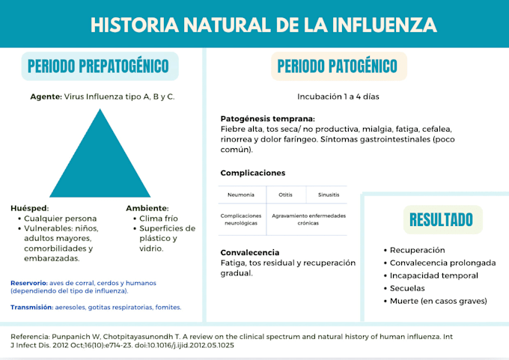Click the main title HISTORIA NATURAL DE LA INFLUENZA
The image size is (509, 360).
coord(263,25)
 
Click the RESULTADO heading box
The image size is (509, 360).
coord(443,219)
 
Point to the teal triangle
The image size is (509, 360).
coord(100,162)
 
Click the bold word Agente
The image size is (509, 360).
coord(46,97)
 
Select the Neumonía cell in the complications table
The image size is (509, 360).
coord(241,195)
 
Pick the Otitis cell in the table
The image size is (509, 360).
coord(285,195)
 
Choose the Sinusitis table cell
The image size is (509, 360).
coord(329,195)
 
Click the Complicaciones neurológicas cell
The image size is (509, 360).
coord(241,219)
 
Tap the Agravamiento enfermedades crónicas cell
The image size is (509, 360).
coord(308,219)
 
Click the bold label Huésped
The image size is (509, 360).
coord(29,208)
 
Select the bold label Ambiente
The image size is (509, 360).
coord(147,208)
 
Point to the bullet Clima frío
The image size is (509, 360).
coord(156,219)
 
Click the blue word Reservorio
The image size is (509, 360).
coord(29,283)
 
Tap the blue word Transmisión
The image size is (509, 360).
coord(31,308)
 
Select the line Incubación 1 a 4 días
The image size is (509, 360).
coord(338,97)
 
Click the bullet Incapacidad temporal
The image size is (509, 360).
coord(431,275)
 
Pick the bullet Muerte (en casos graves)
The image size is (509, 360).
coord(436,301)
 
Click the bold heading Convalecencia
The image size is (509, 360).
coord(249,252)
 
